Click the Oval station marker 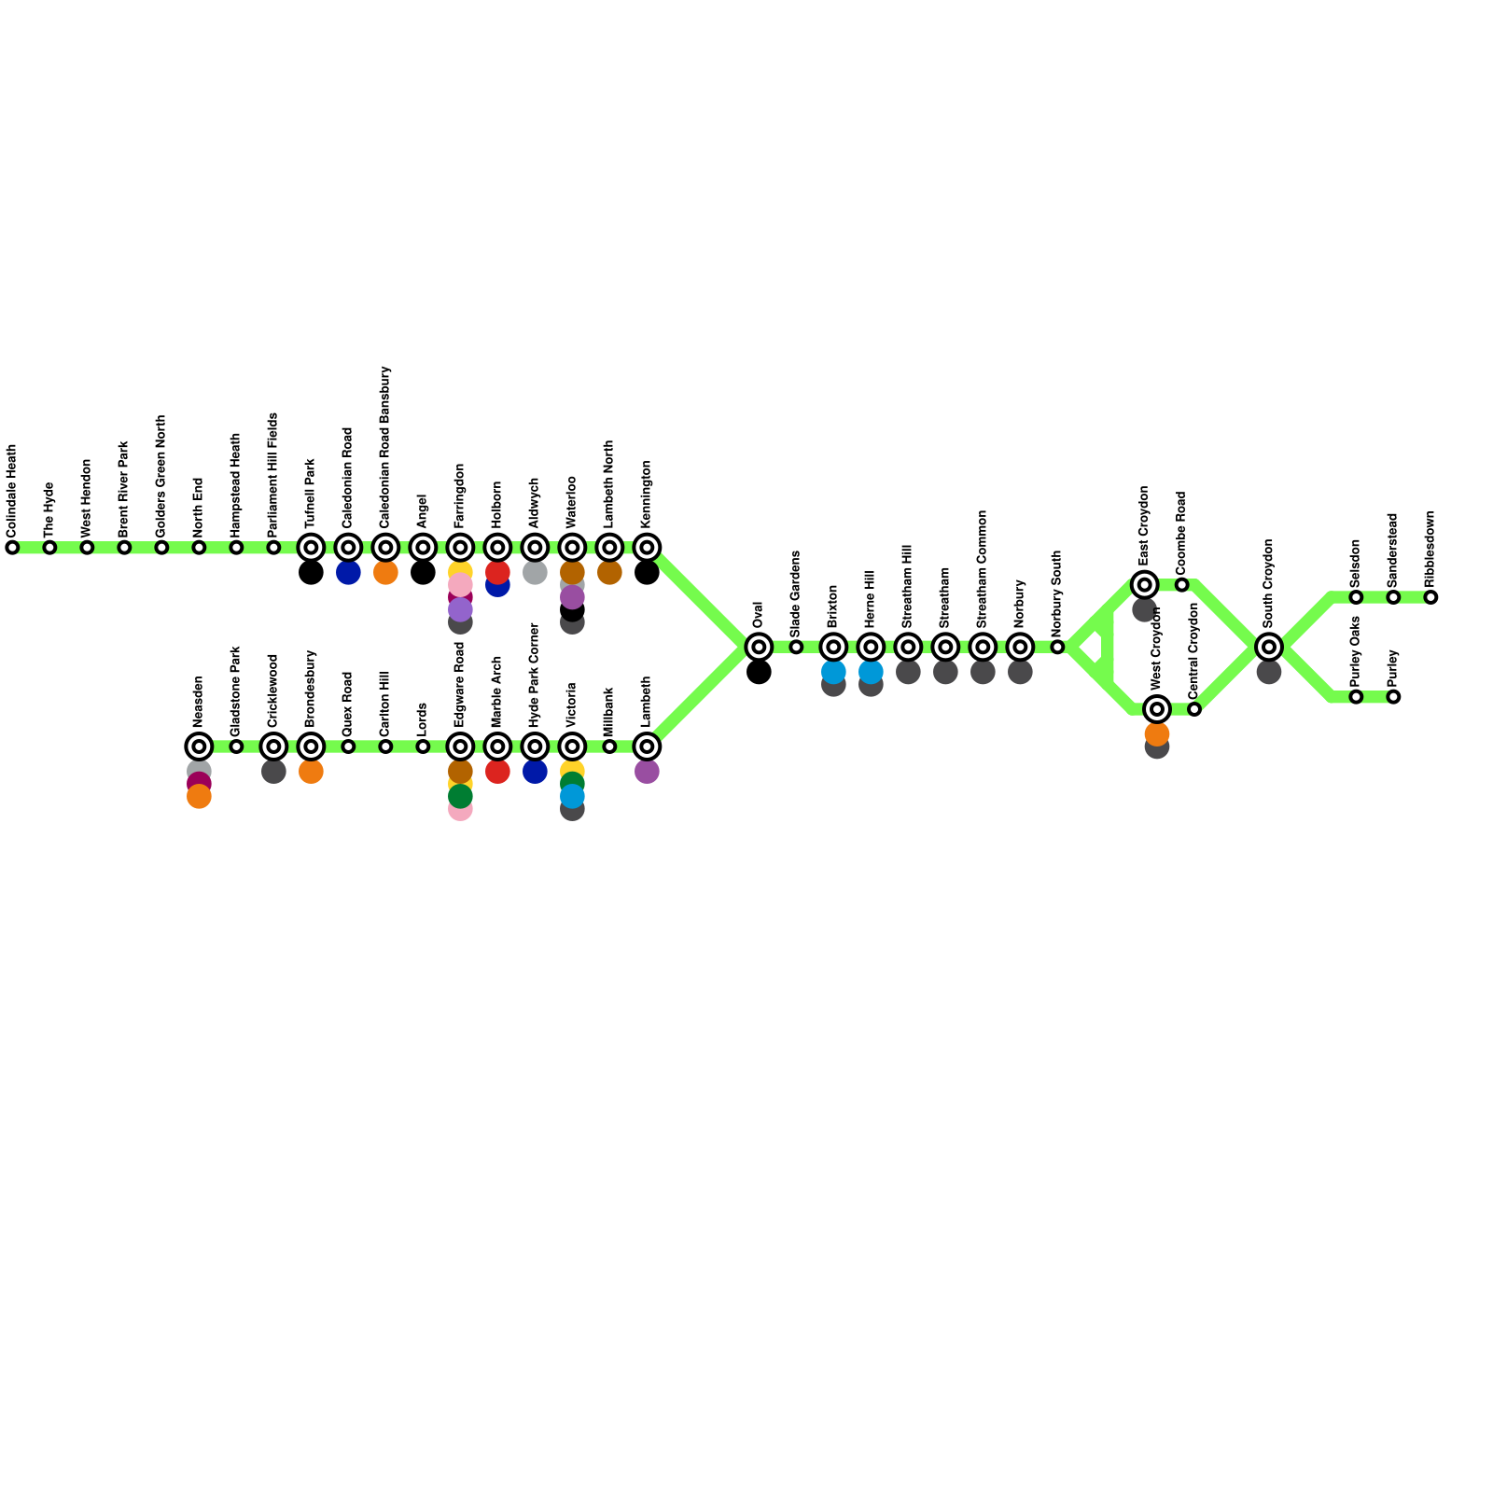pos(759,647)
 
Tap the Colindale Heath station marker pos(12,548)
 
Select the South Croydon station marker pos(1268,647)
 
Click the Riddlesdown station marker pos(1430,597)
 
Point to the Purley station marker pos(1393,696)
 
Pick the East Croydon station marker pos(1144,585)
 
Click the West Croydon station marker pos(1156,709)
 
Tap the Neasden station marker pos(199,746)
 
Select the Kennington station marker pos(647,548)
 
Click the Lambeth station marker pos(647,746)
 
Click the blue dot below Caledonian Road pos(348,573)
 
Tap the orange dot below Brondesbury pos(311,772)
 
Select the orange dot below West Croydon pos(1156,734)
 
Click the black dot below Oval pos(759,672)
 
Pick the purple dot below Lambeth pos(647,772)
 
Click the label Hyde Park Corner pos(535,676)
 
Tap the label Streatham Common pos(983,568)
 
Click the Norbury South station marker pos(1057,647)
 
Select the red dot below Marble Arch pos(497,772)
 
